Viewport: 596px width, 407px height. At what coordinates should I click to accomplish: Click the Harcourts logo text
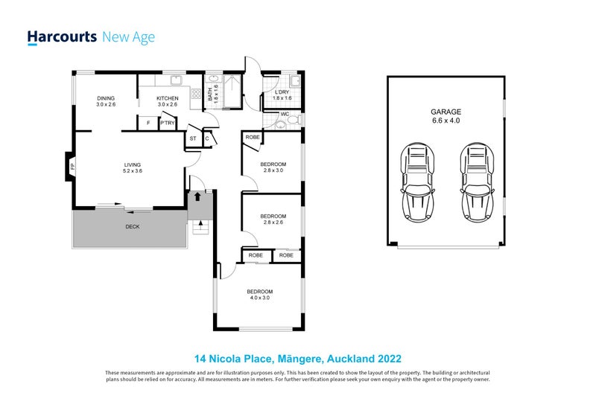[x=62, y=37]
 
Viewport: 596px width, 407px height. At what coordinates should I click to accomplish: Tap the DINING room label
[x=107, y=101]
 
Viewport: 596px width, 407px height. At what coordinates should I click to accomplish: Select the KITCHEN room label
[x=167, y=101]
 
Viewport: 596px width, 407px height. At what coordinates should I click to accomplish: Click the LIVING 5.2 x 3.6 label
[x=133, y=167]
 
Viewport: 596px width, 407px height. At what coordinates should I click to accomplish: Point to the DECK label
[x=132, y=227]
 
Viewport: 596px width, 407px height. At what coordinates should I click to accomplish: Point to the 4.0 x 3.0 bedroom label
[x=260, y=295]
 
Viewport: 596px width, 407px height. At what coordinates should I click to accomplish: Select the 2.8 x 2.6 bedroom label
[x=273, y=219]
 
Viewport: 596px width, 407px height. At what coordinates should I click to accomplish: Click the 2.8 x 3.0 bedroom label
[x=273, y=167]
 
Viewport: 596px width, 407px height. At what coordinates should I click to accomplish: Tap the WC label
[x=285, y=115]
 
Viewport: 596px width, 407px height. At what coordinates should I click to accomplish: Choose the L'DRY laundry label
[x=282, y=95]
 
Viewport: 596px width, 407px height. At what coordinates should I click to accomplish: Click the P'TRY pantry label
[x=167, y=123]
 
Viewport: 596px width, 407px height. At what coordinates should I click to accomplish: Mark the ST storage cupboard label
[x=193, y=138]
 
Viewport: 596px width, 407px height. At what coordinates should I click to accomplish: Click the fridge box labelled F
[x=148, y=123]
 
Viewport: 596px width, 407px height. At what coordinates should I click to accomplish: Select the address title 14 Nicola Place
[x=298, y=359]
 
